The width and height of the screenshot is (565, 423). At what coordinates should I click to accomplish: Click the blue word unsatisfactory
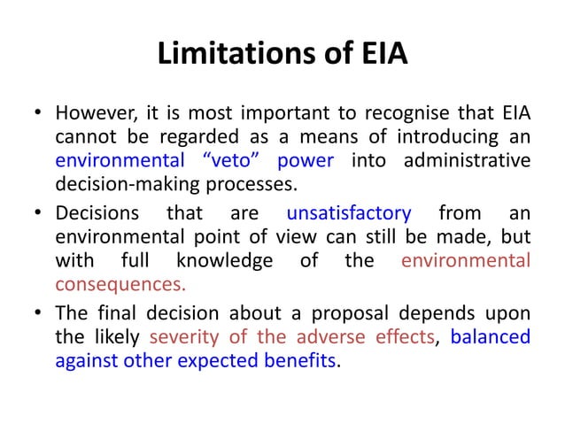[350, 213]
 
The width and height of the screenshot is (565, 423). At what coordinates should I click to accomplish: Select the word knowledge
[224, 261]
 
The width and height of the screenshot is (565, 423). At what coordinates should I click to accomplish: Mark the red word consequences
[120, 285]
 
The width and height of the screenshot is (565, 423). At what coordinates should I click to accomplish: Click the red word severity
[183, 337]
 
